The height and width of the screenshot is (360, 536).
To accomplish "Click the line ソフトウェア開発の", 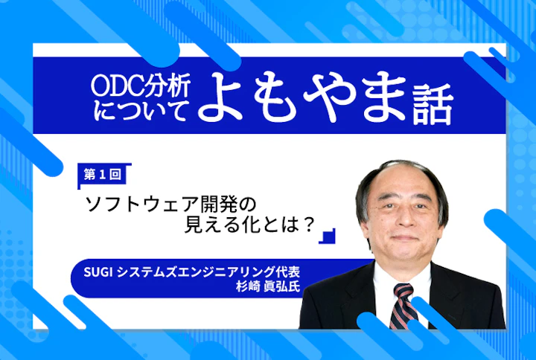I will pyautogui.click(x=170, y=202).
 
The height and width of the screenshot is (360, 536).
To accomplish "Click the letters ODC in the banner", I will pyautogui.click(x=114, y=86).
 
